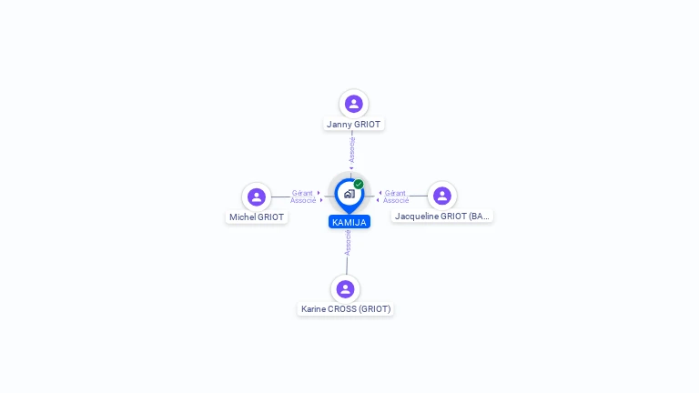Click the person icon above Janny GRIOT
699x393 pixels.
click(x=353, y=104)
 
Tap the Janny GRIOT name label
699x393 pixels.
click(x=353, y=125)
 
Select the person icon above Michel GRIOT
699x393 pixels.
click(x=257, y=196)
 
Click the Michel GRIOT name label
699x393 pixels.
click(x=257, y=217)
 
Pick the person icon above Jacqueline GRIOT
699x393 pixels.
click(x=442, y=196)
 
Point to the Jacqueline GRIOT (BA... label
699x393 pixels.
click(x=442, y=217)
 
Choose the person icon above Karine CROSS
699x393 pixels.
click(x=345, y=289)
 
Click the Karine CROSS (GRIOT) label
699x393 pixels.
click(x=346, y=308)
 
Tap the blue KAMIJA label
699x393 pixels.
click(x=349, y=222)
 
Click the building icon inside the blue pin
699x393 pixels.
click(x=349, y=194)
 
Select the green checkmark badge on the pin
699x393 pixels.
click(x=359, y=184)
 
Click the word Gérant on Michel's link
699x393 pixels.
click(x=302, y=193)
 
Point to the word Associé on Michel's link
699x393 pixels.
click(x=303, y=200)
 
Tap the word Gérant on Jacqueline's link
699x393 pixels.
click(x=395, y=193)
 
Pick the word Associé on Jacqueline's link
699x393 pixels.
click(x=396, y=200)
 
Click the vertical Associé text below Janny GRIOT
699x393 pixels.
click(x=351, y=150)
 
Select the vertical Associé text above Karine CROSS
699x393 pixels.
click(x=348, y=243)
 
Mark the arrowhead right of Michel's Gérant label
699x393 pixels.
click(x=319, y=193)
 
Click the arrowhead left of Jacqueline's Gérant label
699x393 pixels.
click(x=380, y=193)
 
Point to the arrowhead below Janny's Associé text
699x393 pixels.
click(x=351, y=168)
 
